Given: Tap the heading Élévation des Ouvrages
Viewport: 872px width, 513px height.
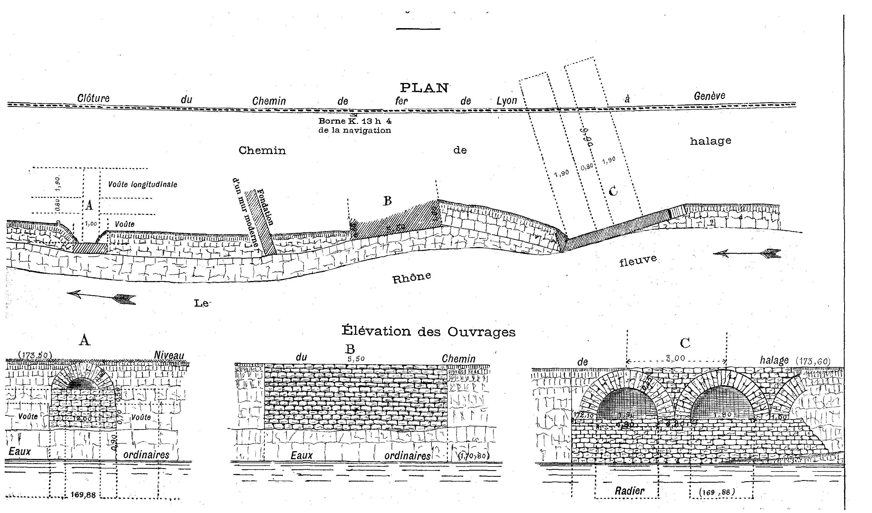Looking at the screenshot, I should (x=428, y=331).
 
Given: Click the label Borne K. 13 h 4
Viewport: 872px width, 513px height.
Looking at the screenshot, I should (x=355, y=121).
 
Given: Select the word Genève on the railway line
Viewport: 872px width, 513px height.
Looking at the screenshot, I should (x=709, y=96).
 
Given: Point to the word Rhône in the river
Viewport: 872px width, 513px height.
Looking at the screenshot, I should (x=411, y=277).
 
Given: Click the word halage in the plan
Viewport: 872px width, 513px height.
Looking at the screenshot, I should (x=710, y=141).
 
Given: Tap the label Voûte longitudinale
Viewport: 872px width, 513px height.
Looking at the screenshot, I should (x=143, y=184).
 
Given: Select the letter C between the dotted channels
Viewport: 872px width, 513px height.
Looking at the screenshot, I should (x=613, y=191).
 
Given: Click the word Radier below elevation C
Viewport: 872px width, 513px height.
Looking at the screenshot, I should (x=630, y=490).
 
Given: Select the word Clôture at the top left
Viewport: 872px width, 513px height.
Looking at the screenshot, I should (x=93, y=98).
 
